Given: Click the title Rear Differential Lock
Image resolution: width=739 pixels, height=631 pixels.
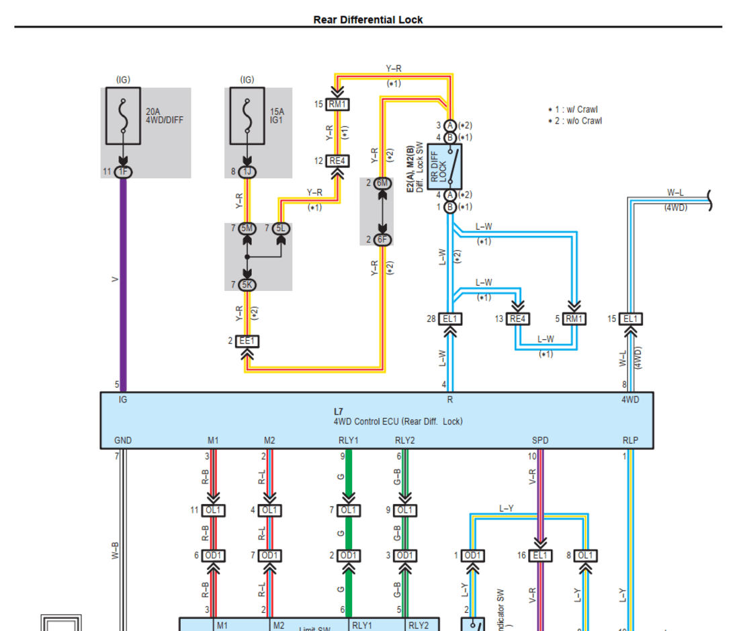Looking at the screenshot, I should [x=368, y=19].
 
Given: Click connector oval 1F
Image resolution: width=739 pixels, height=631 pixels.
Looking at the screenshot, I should [x=123, y=172].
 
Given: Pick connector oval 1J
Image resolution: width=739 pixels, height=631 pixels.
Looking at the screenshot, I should [x=248, y=172].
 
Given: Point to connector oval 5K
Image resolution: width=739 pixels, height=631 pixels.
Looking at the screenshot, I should [x=248, y=284].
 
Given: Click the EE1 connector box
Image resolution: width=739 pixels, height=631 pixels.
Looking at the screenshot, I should [x=248, y=341].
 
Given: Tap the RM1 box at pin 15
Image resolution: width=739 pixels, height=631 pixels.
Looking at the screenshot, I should [x=338, y=104].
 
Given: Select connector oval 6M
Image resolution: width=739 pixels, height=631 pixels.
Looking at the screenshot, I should [x=382, y=183].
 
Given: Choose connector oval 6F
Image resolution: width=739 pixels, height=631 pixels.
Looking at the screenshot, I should [x=382, y=240].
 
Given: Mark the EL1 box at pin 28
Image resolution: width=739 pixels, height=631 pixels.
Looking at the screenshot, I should [x=449, y=319].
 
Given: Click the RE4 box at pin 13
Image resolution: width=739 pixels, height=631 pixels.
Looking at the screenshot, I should [x=517, y=319].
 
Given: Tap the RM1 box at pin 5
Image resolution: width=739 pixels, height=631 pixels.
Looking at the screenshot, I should [x=574, y=319].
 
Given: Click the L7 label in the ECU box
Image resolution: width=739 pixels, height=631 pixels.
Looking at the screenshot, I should [x=339, y=411].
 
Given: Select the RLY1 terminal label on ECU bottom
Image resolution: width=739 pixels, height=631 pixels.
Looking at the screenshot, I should [x=348, y=441].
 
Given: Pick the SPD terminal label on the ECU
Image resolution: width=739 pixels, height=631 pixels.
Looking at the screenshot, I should [x=540, y=441].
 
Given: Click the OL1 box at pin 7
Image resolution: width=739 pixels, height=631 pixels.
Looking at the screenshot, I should [x=348, y=511].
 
